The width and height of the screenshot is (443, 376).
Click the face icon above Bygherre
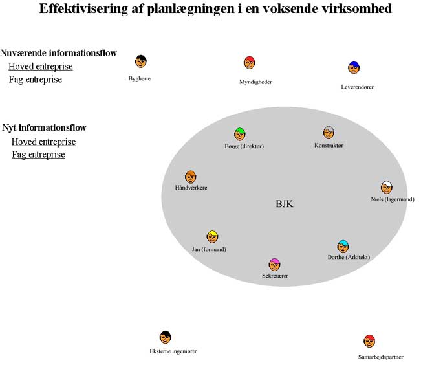140,61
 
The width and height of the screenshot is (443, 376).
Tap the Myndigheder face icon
250,63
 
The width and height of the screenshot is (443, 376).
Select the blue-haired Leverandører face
354,67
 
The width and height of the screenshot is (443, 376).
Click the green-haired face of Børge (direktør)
240,134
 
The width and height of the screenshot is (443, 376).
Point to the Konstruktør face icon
329,133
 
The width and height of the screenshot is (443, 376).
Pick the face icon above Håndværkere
190,177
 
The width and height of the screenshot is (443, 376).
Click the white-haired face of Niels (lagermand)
387,188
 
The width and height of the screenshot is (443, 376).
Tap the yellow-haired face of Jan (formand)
212,237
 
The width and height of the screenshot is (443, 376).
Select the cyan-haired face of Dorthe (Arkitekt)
343,246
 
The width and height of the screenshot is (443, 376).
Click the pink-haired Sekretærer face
275,264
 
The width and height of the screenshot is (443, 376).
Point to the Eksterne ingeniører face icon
165,337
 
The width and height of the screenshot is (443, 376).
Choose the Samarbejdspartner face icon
369,341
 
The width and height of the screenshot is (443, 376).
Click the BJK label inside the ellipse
285,204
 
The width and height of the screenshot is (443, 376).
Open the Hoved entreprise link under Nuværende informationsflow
40,67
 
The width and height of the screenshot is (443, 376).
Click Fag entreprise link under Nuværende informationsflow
35,80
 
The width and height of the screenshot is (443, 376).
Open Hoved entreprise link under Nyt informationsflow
43,142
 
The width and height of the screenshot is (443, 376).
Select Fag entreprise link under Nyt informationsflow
38,155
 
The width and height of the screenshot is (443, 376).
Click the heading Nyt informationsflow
44,127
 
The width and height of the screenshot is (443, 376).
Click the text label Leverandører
357,87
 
